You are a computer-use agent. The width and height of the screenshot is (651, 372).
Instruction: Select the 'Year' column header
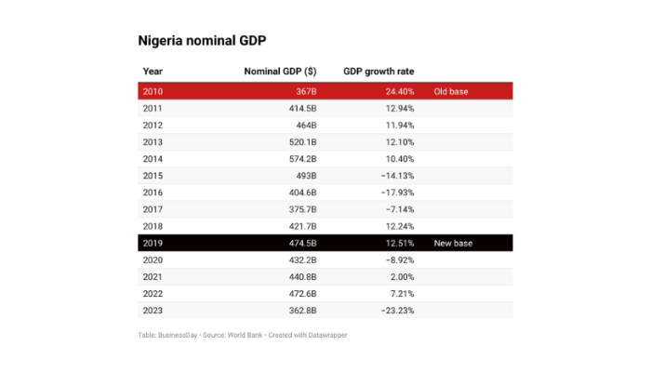point(153,72)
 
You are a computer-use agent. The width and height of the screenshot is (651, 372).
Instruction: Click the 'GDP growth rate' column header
point(379,72)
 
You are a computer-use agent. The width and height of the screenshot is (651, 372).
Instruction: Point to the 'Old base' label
point(451,92)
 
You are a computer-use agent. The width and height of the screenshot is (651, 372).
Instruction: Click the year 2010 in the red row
point(153,92)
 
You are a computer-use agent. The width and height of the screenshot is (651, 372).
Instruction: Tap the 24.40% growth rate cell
point(398,92)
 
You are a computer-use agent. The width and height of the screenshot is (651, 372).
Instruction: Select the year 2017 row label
point(153,209)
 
